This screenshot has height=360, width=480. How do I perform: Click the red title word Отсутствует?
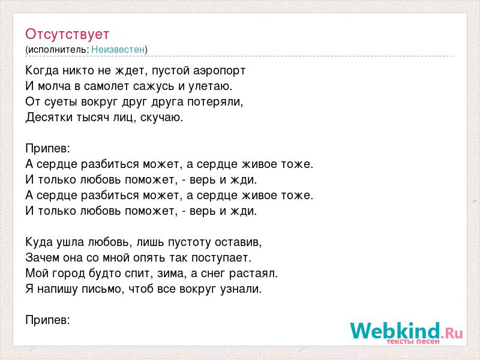coord(67,34)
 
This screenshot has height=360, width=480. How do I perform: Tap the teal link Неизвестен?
coord(118,49)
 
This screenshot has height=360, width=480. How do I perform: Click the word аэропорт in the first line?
coord(220,71)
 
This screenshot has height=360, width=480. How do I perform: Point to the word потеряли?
coord(215,102)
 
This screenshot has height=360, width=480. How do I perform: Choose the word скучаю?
coord(161,118)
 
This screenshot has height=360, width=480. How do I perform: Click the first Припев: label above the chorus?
coord(48,148)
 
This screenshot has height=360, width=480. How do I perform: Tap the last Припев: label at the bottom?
coord(48,320)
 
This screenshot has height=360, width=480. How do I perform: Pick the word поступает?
coord(221,258)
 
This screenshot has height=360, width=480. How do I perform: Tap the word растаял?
coord(253,274)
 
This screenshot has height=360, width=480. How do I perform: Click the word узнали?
coord(241,289)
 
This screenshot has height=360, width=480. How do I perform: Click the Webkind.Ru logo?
coord(406,331)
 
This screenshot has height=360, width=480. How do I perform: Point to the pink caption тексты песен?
coord(413,341)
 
